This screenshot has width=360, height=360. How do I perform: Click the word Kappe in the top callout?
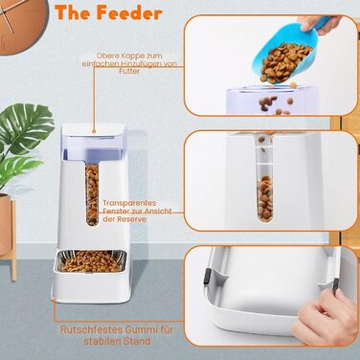129,56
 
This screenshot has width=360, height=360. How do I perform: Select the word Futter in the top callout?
129,71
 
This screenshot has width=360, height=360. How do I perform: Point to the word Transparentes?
129,203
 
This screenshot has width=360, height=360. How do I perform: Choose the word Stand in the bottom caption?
135,341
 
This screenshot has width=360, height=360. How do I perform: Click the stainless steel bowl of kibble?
91,261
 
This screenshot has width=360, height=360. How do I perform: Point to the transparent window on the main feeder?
92,194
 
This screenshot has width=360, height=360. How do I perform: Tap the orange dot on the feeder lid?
94,131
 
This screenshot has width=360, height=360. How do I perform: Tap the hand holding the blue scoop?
318,24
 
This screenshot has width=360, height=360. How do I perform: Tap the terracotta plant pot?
6,223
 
